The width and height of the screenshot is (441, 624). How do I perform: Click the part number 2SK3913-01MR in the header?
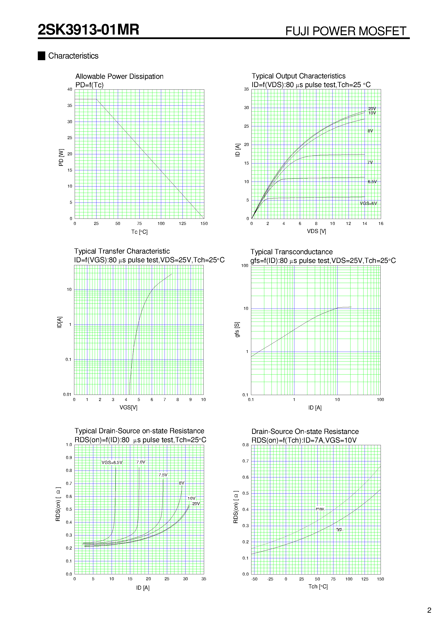pos(88,30)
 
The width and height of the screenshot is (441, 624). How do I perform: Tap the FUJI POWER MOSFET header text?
pos(346,31)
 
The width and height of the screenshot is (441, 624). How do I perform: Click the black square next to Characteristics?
pos(41,56)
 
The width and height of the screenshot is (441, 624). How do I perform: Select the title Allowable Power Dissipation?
pos(119,76)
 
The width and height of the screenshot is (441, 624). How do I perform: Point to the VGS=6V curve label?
pos(368,203)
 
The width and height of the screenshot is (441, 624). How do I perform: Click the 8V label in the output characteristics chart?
pos(370,131)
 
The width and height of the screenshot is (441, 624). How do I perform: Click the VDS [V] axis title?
pos(316,231)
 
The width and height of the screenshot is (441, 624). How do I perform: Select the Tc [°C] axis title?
pos(139,232)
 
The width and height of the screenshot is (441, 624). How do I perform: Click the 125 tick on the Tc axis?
pos(183,223)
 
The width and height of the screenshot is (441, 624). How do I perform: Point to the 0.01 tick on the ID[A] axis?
pos(67,394)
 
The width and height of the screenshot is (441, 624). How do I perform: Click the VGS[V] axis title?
pos(128,407)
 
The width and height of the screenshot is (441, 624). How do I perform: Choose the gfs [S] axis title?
pos(237,330)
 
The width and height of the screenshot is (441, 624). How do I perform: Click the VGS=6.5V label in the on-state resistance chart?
pos(112,462)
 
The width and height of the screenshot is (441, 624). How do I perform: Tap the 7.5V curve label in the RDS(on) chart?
pos(163,475)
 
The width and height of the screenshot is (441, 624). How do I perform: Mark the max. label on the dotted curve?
pos(320,509)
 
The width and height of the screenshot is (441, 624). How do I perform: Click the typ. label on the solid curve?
pos(340,529)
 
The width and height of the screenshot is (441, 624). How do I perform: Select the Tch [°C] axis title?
pos(318,586)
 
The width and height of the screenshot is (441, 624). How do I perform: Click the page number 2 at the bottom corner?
pos(429,610)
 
